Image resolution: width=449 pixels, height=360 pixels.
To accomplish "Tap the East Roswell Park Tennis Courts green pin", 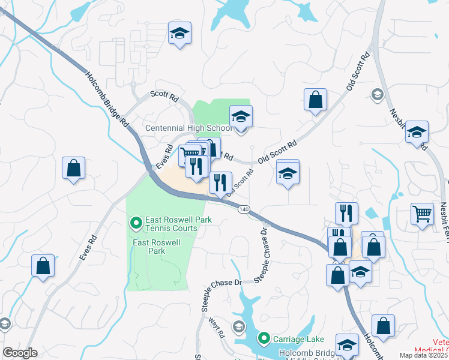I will click(136, 224).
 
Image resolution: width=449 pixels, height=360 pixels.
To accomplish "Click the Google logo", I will click(20, 353).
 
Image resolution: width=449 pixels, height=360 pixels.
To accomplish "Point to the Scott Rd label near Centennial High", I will click(164, 95).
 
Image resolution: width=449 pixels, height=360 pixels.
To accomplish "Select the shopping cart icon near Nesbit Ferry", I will click(423, 214).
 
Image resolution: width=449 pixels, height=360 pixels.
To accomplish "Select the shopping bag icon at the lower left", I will click(43, 265).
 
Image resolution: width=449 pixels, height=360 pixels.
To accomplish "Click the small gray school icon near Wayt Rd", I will click(239, 326).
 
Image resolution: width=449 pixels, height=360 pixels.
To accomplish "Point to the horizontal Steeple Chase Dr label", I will click(222, 283).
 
